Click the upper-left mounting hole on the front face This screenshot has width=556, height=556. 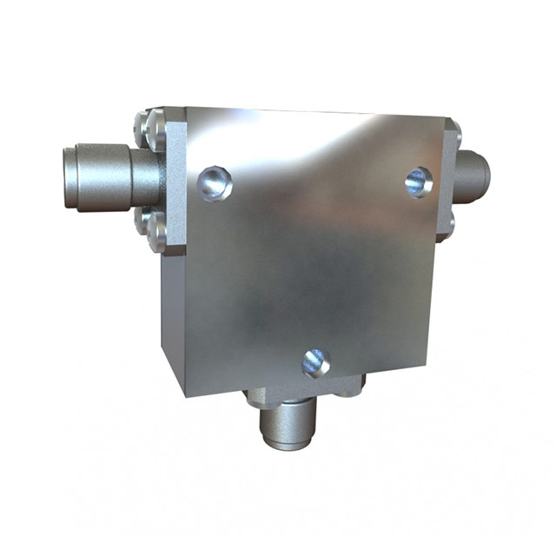tap(214, 183)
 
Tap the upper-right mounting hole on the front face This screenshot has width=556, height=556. tap(419, 182)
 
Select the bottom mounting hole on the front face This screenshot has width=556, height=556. tap(315, 361)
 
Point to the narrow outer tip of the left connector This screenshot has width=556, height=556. tap(71, 178)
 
